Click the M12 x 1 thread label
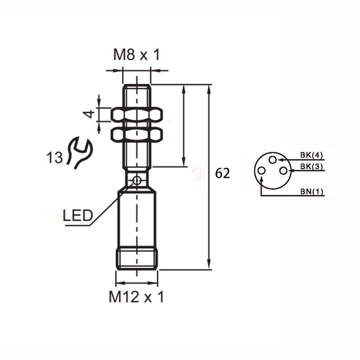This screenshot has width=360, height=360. pos(136,297)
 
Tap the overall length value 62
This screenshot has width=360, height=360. pos(222,174)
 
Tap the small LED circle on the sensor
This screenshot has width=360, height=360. pos(137,180)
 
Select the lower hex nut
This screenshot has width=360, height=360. pos(136,134)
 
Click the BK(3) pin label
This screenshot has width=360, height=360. pos(312,167)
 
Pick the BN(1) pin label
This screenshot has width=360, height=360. pos(312,192)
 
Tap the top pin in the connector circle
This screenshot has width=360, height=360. pos(272,160)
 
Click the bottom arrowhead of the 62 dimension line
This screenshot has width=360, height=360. pos(209,265)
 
